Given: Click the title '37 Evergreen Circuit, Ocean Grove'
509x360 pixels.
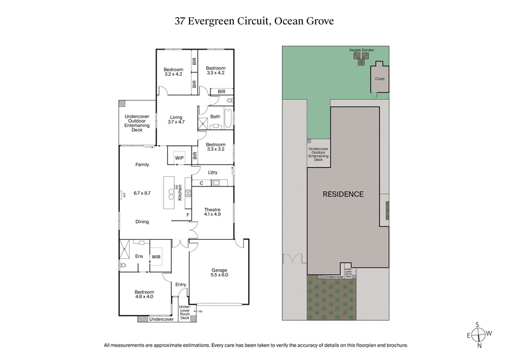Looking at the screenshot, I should (x=254, y=21).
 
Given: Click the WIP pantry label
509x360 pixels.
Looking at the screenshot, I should (x=179, y=157).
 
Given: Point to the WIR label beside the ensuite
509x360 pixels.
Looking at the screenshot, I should (x=156, y=257).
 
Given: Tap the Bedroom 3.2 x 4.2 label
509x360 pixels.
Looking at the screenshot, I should (x=173, y=72).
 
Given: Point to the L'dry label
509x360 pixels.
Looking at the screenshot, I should (x=214, y=172).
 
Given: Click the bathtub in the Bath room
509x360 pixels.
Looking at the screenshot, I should (x=227, y=118).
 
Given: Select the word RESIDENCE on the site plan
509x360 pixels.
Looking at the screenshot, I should (x=342, y=194).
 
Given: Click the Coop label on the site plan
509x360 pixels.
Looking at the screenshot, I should (x=379, y=79).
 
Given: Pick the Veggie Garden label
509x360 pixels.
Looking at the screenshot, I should (x=361, y=49).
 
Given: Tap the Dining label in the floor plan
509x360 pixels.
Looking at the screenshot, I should (x=142, y=221).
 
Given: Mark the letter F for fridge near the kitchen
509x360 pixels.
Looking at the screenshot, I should (x=188, y=215).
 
